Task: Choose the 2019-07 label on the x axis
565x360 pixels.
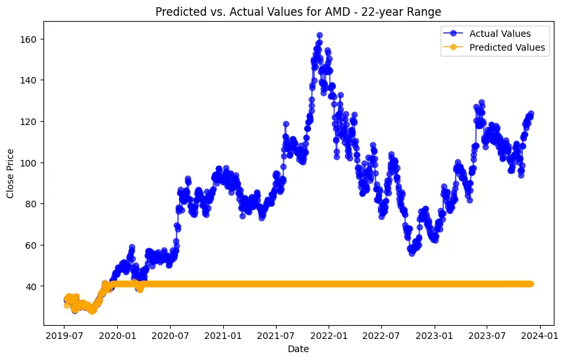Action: pos(64,336)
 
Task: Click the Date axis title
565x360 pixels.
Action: pos(298,349)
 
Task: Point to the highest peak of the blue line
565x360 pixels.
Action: pos(319,35)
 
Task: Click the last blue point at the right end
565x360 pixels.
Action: pos(531,114)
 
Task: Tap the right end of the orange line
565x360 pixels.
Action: pos(531,284)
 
